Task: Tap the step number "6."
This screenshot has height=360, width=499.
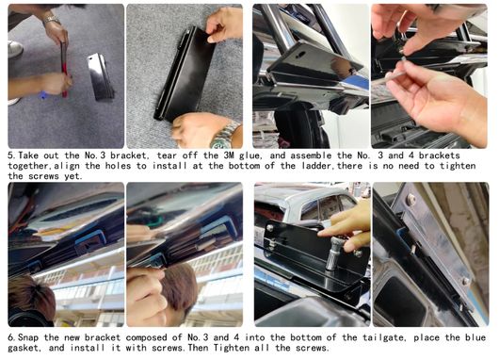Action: [12, 337]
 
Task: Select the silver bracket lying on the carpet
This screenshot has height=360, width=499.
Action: [100, 77]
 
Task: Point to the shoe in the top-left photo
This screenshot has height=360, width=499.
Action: [15, 49]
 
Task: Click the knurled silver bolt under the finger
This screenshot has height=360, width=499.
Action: [334, 254]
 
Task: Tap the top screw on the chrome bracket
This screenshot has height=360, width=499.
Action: [411, 200]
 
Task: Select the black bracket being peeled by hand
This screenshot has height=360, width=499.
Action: [185, 74]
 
